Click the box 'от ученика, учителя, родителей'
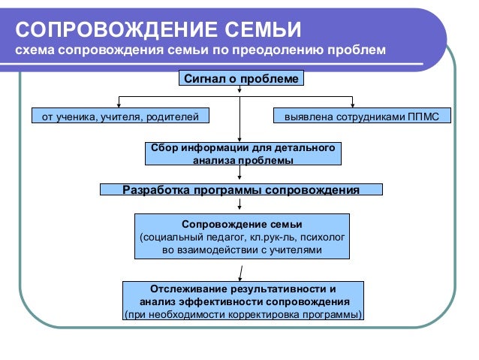(x=119, y=117)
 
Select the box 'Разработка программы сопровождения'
(x=241, y=189)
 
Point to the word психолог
(x=321, y=237)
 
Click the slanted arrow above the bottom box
(x=241, y=271)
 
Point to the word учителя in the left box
(x=122, y=117)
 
